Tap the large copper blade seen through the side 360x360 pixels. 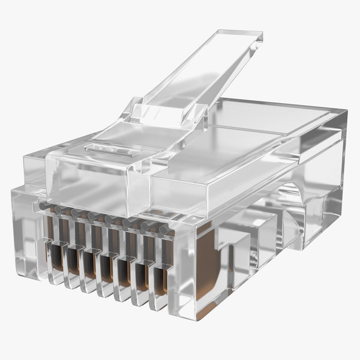[x=207, y=270]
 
